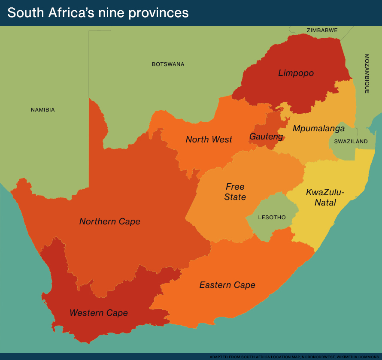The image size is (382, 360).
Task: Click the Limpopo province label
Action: [x=296, y=73]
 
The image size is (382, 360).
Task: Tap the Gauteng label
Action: [x=266, y=137]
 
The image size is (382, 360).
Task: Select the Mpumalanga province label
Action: [x=318, y=128]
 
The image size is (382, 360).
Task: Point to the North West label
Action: [x=209, y=139]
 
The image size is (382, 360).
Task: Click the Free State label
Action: [x=235, y=192]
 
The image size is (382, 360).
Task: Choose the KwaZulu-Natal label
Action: [x=325, y=197]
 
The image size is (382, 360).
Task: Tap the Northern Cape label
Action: [x=110, y=221]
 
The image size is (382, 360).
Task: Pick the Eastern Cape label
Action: [x=227, y=285]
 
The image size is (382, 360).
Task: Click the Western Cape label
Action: [x=99, y=313]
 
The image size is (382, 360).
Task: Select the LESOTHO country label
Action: [x=272, y=218]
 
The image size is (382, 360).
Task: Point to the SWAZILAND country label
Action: [x=351, y=142]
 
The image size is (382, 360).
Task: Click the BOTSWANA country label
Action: [x=168, y=64]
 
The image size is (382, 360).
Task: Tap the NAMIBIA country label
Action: [x=43, y=110]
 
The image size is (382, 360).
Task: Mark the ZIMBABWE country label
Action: [x=322, y=30]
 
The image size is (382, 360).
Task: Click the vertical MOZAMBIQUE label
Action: [x=367, y=74]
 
